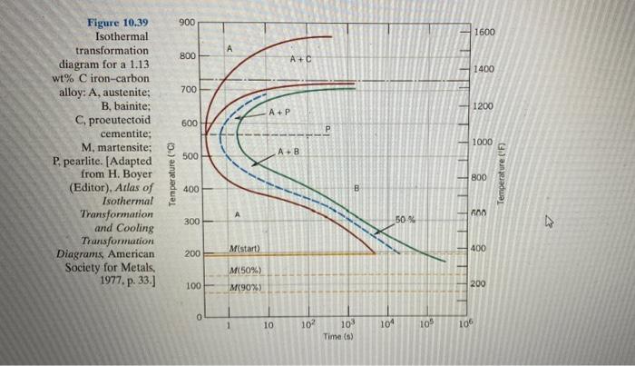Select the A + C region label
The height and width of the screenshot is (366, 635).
301,60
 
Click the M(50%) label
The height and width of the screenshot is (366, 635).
246,272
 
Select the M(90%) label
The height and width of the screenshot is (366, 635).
246,288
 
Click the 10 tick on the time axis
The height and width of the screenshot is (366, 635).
269,324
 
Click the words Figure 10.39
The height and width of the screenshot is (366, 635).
118,21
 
